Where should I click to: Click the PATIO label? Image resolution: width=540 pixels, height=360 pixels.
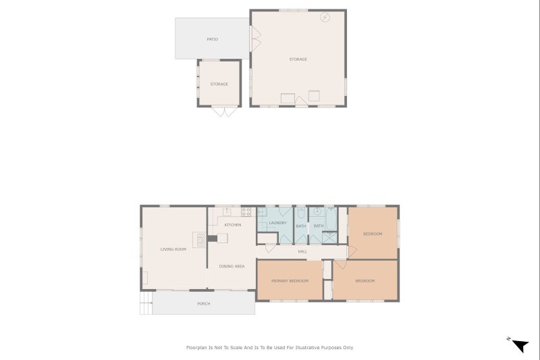tap(212, 39)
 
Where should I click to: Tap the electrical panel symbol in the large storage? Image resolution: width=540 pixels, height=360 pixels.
tap(325, 18)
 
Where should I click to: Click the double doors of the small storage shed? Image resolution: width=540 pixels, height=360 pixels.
tap(219, 111)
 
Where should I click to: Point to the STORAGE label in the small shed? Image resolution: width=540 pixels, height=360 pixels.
tap(219, 84)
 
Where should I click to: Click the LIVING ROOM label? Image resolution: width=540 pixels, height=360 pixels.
tap(173, 249)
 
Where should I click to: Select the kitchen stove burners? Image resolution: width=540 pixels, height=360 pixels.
tap(246, 211)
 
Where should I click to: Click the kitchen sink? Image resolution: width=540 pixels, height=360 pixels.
tap(227, 211)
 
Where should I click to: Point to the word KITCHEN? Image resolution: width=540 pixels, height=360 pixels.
tap(232, 224)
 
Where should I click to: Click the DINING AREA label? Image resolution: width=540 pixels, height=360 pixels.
tap(232, 266)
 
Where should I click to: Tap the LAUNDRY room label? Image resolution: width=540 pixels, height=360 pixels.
tap(277, 223)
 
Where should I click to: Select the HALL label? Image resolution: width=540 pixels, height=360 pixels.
tap(302, 251)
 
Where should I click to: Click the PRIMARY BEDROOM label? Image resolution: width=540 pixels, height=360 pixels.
tap(290, 280)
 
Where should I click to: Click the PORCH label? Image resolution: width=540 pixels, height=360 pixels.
tap(203, 303)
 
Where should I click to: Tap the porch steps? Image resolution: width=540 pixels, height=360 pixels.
tap(146, 303)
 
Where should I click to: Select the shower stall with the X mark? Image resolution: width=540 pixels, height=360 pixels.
tap(330, 237)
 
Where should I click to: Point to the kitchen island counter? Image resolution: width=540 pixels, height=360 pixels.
tap(222, 238)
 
